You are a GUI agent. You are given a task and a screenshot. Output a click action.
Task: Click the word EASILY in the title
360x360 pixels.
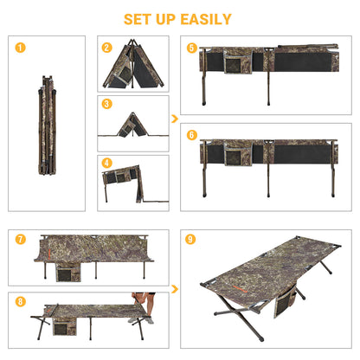pos(206,19)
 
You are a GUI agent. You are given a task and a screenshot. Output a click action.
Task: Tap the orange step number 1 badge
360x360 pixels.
pos(20,48)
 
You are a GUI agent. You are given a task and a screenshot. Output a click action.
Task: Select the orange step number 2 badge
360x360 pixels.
pos(106,48)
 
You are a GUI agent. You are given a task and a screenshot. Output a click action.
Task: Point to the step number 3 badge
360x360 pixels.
pos(106,104)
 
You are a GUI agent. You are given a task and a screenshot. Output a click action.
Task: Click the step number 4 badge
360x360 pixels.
pos(106,163)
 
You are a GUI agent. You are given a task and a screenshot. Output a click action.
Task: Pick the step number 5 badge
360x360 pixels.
pos(192,48)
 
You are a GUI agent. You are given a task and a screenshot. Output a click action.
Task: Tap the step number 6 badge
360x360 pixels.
pos(192,135)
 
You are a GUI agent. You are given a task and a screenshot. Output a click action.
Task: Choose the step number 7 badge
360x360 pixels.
pos(20,239)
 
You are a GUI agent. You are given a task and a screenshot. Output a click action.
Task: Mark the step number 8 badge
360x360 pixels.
pos(20,302)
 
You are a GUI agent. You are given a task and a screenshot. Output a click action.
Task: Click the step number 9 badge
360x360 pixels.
pos(190,239)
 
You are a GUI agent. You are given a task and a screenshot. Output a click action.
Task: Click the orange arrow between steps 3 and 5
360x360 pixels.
pos(175,119)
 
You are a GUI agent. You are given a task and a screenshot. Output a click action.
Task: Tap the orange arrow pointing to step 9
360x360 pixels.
pos(175,289)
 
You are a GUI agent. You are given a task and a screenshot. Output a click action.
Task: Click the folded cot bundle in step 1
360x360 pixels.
pos(47,125)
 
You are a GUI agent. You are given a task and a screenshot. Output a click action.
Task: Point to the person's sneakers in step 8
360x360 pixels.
pos(141,320)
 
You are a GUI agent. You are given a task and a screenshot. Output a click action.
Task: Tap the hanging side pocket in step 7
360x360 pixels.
pos(68,273)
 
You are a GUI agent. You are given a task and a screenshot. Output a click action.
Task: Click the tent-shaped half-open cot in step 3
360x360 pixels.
pos(132,125)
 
